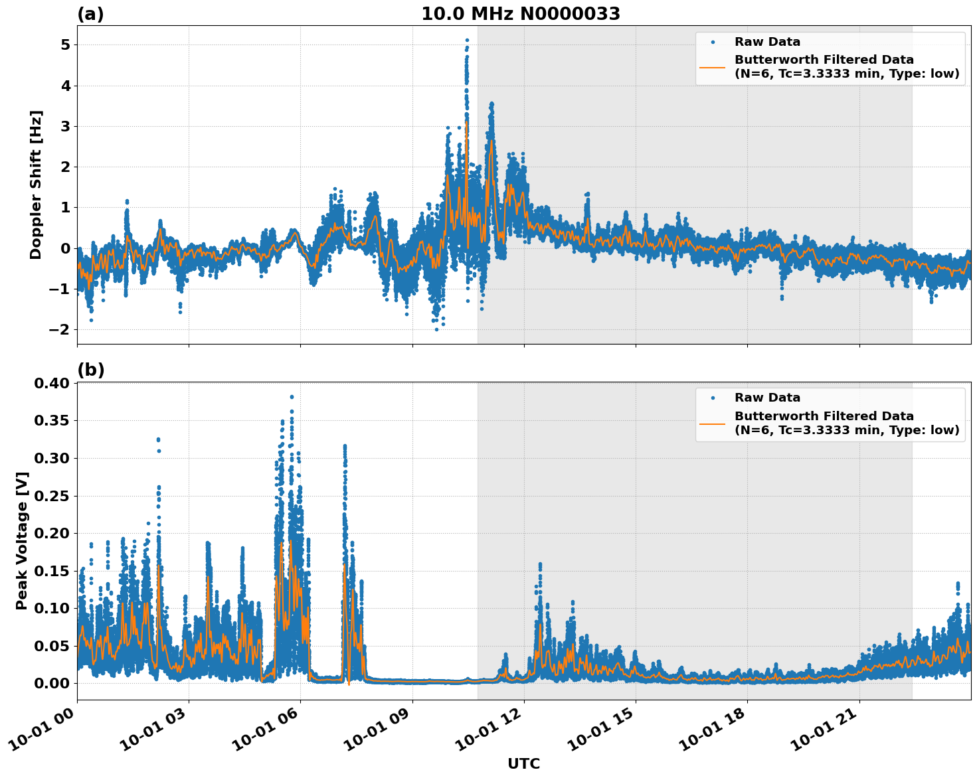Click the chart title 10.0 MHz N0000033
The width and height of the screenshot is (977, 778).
520,14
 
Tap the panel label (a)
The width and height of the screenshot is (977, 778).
90,14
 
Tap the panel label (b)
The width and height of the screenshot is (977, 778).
90,370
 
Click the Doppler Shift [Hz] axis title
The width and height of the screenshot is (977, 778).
36,185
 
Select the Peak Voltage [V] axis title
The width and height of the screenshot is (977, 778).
22,540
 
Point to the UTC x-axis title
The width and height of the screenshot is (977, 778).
523,763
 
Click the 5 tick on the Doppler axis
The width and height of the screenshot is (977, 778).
65,45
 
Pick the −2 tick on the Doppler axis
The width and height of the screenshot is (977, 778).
61,330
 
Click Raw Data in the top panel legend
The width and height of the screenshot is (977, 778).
767,42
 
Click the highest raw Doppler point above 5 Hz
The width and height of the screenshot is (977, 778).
467,40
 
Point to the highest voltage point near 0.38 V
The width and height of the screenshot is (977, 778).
292,397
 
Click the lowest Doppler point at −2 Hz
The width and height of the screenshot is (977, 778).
436,329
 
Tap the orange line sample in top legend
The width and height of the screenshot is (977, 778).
712,67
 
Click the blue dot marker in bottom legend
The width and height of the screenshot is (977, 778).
712,398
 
